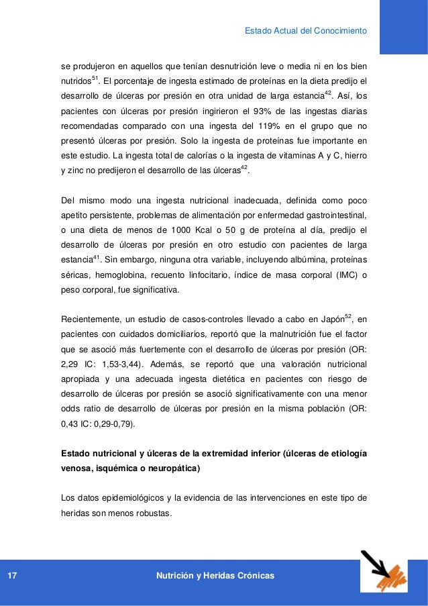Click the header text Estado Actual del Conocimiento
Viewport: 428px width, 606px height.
305,30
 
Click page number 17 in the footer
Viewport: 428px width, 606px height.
11,576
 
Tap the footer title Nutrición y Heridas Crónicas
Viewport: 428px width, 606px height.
215,576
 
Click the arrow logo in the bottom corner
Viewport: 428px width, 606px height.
384,572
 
